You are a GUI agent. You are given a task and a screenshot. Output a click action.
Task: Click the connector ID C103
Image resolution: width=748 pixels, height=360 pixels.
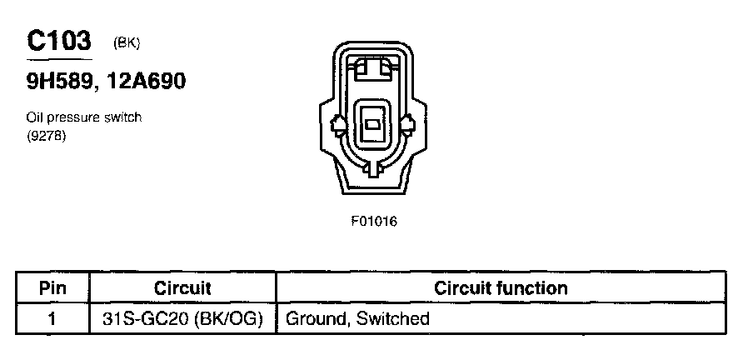58,41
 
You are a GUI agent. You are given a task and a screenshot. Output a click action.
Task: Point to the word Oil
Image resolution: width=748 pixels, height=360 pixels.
35,117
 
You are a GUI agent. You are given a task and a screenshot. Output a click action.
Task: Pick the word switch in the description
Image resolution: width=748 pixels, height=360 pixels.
122,117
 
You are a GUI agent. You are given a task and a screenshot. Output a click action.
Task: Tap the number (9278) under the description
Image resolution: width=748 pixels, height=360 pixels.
47,135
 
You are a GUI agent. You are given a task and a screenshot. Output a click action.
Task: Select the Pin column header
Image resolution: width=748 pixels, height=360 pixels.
52,288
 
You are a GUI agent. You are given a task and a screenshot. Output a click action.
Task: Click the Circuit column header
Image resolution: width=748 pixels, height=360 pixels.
182,288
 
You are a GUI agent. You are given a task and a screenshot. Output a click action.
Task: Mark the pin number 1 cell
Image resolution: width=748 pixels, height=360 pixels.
52,318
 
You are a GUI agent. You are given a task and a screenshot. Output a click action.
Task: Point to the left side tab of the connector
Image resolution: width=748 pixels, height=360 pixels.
337,127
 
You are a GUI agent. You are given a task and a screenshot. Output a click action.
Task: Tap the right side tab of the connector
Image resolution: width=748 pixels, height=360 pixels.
408,127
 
